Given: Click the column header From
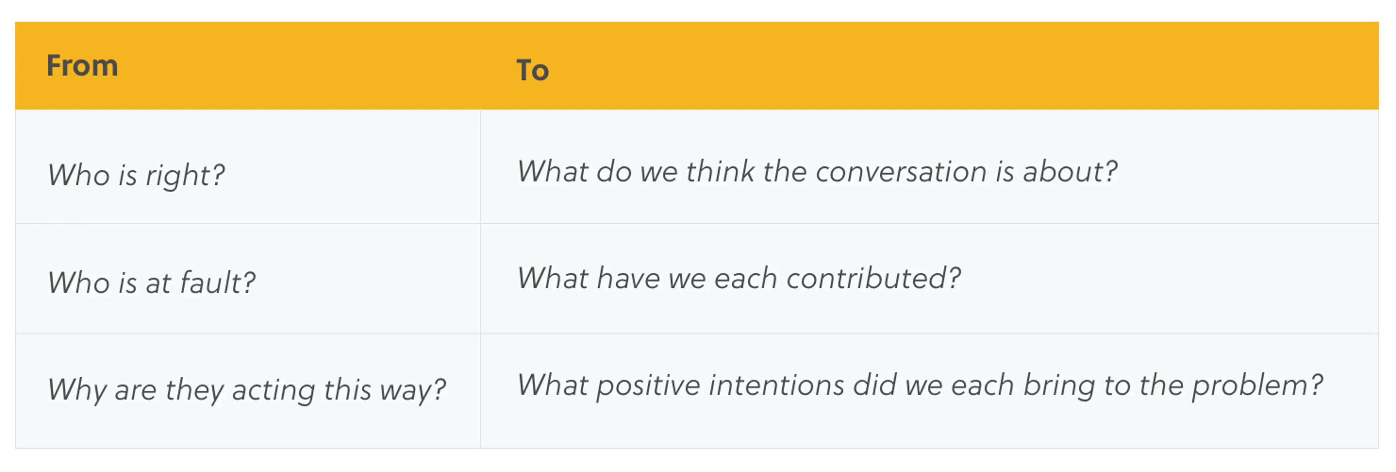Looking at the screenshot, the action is [x=83, y=66].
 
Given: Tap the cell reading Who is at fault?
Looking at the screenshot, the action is [x=152, y=282].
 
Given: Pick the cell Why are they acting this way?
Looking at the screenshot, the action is [x=246, y=389].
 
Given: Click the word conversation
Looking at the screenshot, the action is [x=901, y=172].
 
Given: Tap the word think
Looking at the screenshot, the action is [x=720, y=171].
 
